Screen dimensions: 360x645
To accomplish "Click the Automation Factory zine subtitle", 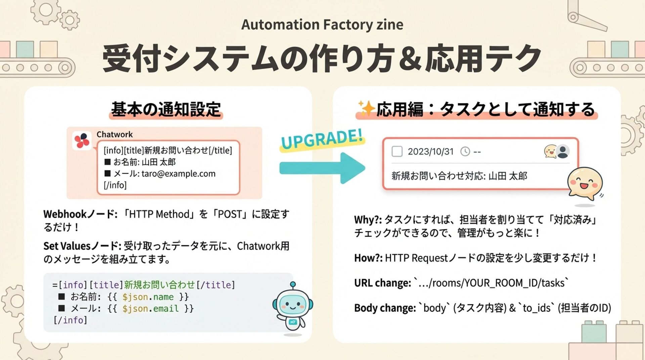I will coord(322,25).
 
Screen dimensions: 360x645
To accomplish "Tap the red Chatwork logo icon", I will coord(82,140).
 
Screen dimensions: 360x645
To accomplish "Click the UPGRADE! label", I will coord(322,139).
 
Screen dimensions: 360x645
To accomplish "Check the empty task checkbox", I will coord(397,151).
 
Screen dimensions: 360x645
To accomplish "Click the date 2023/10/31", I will coord(430,152).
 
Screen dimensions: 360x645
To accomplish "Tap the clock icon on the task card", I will coord(465,152).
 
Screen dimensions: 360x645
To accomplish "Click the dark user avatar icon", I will coord(563,151).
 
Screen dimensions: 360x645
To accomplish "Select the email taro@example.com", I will coord(178,174).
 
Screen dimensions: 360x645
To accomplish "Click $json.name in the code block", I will coord(148,297).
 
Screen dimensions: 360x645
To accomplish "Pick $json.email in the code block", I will coord(150,309).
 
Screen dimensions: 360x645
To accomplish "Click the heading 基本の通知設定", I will coord(166,109).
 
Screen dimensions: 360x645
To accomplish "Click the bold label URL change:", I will coord(382,283).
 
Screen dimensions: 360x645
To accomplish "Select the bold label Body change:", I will coord(385,308).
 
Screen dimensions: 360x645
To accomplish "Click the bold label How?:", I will coord(368,258).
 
